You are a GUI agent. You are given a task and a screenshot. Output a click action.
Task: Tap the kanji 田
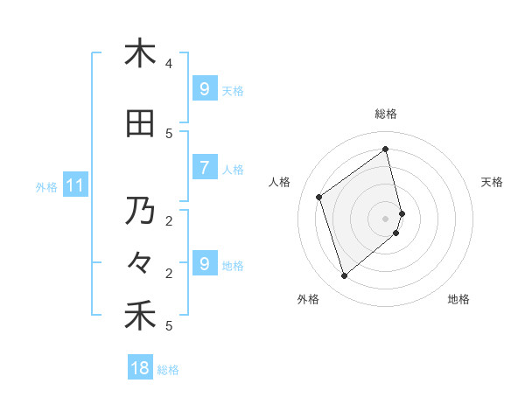pos(140,124)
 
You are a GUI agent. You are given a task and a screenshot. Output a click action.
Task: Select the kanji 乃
pos(140,211)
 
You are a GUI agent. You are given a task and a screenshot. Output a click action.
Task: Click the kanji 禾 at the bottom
pos(140,316)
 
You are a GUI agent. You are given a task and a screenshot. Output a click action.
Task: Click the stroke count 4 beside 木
pos(169,64)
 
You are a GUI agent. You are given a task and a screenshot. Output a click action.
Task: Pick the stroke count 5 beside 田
pos(169,134)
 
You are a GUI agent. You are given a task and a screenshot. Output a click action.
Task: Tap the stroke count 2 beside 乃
pos(169,220)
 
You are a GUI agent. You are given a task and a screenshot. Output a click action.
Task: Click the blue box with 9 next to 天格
pos(204,89)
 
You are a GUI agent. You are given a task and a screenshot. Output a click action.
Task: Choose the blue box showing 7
pos(204,168)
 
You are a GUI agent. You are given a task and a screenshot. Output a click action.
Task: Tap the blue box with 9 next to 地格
pos(204,264)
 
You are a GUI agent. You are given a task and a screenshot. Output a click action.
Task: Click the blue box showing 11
pos(74,185)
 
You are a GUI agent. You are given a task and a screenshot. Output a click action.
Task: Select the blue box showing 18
pos(140,368)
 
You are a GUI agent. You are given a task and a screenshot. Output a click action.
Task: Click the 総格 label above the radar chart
pos(386,114)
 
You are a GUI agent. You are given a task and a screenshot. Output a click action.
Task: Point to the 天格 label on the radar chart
pos(492,182)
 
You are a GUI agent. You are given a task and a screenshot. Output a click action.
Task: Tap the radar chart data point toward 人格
pos(319,197)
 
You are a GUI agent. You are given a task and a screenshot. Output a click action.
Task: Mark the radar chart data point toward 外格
pos(344,276)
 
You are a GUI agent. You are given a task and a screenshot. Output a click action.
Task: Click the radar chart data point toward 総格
pos(386,149)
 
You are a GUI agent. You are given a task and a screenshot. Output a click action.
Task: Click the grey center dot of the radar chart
pos(386,217)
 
